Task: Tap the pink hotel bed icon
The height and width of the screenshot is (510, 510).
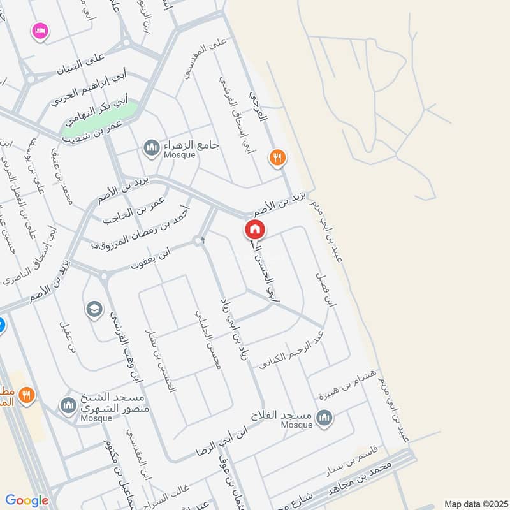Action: click(x=40, y=31)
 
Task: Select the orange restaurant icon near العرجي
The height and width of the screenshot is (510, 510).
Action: click(x=277, y=157)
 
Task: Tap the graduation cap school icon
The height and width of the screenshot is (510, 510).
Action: click(x=94, y=310)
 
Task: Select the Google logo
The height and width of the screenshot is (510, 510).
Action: click(x=27, y=500)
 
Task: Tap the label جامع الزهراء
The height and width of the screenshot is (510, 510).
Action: click(x=191, y=145)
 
